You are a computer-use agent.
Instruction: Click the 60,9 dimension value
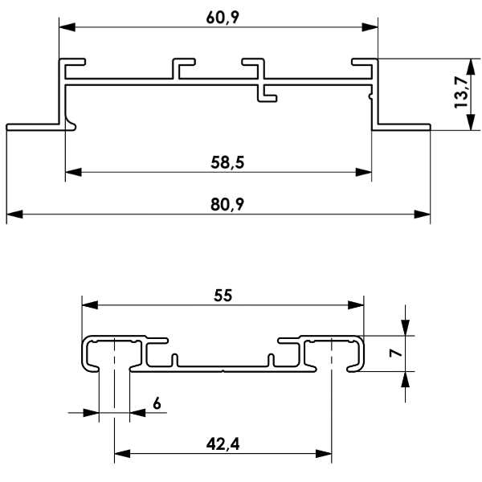tap(223, 18)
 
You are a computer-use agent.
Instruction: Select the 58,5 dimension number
tap(227, 162)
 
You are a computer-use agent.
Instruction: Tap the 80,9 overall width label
tap(227, 204)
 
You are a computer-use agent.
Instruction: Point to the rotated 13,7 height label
tap(461, 92)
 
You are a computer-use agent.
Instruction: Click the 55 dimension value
tap(223, 296)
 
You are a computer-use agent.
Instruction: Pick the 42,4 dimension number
tap(223, 444)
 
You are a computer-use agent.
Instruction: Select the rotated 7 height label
tap(395, 353)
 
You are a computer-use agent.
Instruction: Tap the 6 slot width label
tap(157, 403)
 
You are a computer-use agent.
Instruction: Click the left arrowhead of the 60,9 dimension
tap(67, 27)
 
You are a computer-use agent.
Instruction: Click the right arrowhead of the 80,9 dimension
tap(422, 214)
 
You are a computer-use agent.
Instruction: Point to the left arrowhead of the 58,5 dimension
tap(73, 172)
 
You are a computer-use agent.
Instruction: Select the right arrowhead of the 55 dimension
tap(356, 305)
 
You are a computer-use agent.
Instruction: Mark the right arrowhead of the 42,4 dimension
tap(324, 453)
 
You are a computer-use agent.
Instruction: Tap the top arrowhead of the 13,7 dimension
tap(471, 67)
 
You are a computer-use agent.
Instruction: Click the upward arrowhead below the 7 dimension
tap(405, 380)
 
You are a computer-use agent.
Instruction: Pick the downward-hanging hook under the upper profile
tap(266, 94)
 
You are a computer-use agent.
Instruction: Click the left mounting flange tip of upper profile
tap(7, 127)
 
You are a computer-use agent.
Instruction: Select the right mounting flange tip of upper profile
tap(429, 127)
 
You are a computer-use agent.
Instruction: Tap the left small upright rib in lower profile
tap(175, 360)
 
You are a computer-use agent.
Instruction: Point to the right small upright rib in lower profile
tap(271, 360)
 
